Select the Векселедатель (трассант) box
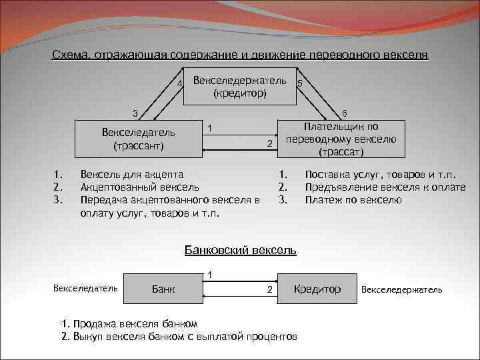139,138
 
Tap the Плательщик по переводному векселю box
341,139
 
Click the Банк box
164,289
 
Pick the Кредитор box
317,289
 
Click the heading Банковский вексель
239,251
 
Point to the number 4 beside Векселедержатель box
179,83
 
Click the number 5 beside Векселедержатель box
301,83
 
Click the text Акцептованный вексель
139,188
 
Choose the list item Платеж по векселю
353,199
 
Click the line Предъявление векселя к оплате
385,188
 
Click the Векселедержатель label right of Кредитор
401,289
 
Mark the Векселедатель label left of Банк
85,288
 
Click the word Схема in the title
69,55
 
